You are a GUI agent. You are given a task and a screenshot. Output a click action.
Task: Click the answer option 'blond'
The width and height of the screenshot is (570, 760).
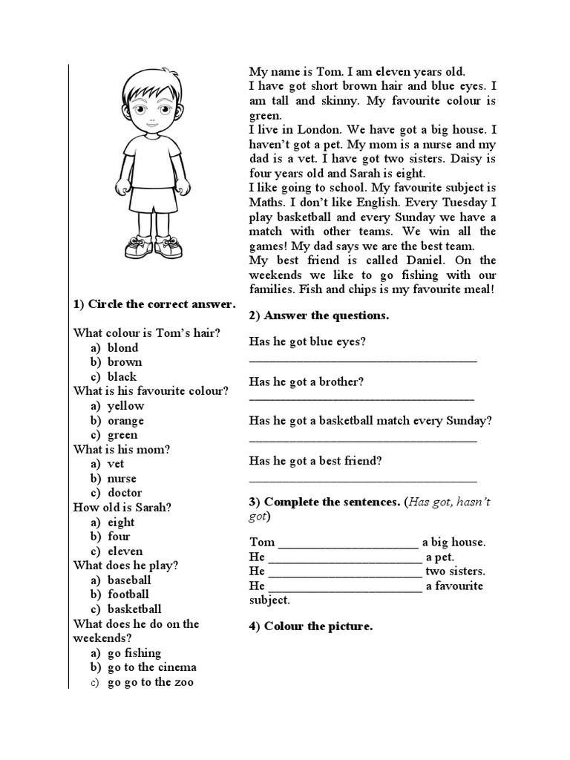122,347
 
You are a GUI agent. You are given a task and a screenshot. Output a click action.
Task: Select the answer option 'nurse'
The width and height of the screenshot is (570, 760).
122,479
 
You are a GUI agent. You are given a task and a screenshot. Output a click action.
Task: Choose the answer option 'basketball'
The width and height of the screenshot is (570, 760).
134,609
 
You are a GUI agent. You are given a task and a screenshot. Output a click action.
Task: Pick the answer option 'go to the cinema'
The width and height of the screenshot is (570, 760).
152,667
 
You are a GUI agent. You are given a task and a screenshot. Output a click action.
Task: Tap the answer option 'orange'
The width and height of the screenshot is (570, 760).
125,421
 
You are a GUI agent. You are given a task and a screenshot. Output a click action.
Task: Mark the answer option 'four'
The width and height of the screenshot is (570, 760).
119,537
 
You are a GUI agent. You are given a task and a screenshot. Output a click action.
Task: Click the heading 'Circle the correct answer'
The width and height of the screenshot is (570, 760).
154,304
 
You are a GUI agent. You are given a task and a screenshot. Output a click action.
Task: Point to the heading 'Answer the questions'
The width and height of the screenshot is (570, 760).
319,315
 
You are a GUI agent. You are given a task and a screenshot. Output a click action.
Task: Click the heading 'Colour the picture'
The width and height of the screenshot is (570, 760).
311,626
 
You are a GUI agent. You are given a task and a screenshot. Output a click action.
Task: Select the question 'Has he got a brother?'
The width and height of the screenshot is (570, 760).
307,381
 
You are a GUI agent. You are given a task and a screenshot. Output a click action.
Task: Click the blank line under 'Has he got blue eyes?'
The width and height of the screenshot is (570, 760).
363,360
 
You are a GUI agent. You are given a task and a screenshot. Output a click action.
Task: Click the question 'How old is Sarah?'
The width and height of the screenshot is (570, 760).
122,508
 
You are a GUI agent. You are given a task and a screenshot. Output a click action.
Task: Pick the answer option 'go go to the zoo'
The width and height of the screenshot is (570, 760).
151,682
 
